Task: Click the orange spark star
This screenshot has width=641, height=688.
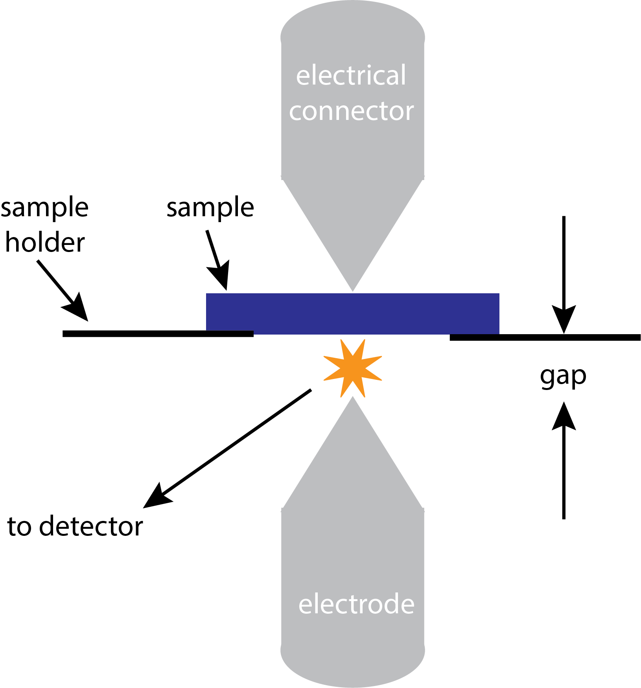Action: point(353,369)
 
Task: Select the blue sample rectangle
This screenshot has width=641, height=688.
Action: point(353,313)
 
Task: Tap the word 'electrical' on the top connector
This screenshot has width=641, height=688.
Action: point(351,75)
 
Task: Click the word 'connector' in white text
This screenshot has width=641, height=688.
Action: point(352,111)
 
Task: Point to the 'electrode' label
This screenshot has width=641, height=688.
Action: point(356,604)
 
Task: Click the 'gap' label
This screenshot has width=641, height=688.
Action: point(563,376)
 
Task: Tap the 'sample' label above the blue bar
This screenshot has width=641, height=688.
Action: point(210,208)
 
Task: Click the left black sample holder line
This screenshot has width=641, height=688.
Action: point(157,334)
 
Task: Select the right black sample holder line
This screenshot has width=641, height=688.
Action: point(545,337)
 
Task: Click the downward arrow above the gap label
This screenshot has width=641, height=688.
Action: point(564,275)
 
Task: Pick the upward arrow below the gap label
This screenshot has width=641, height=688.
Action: point(564,460)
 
